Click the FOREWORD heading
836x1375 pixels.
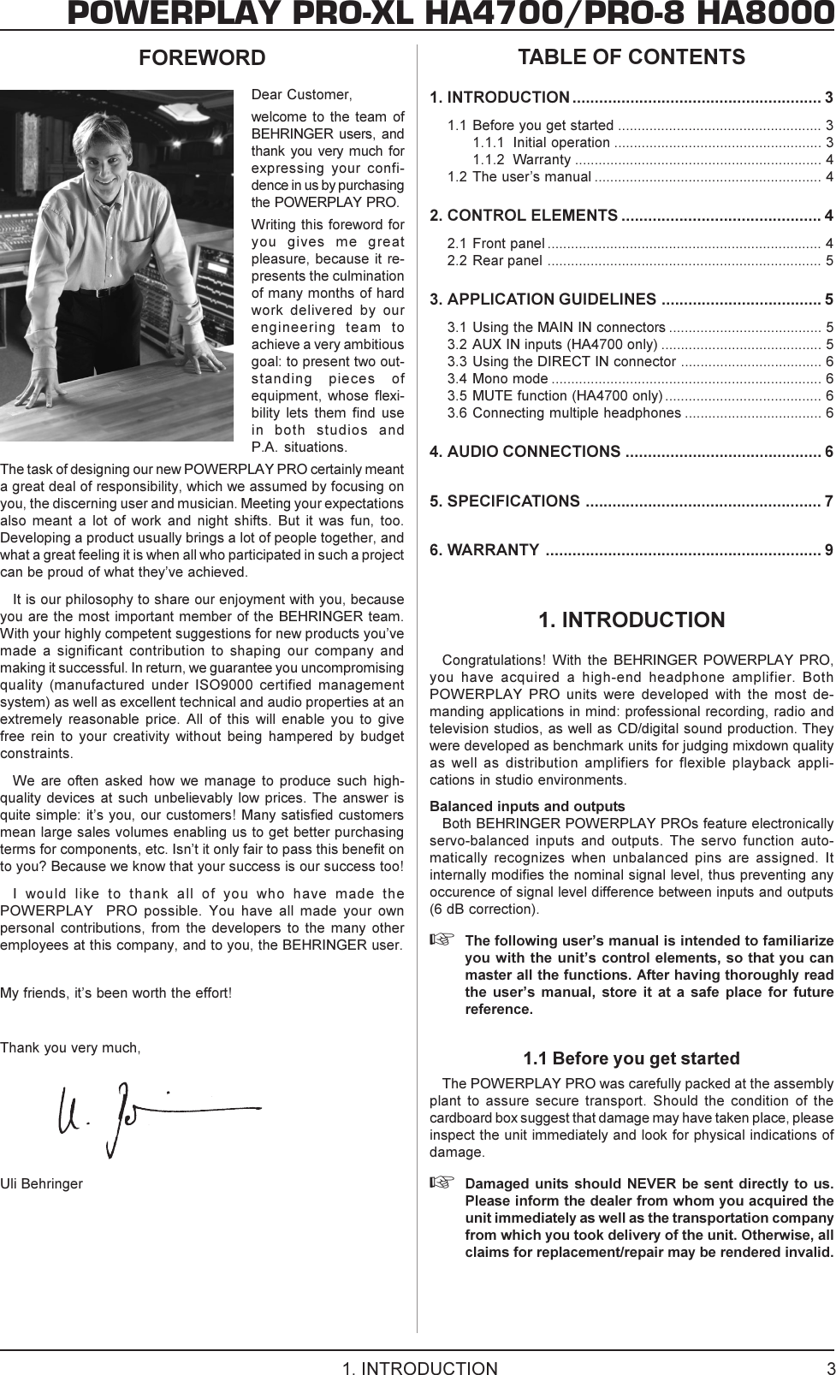pos(202,58)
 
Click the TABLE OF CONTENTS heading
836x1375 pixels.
pos(631,57)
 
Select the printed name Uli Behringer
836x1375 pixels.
pos(42,1184)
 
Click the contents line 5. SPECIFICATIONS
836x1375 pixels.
pos(505,501)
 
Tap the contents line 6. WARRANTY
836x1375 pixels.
pos(484,549)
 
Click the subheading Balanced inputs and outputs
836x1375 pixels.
pos(527,807)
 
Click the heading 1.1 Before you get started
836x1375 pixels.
pos(631,1059)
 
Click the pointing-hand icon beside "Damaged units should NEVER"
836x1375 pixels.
pos(439,1184)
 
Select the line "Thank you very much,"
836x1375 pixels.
pos(71,1048)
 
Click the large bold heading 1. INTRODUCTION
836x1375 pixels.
pos(631,619)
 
